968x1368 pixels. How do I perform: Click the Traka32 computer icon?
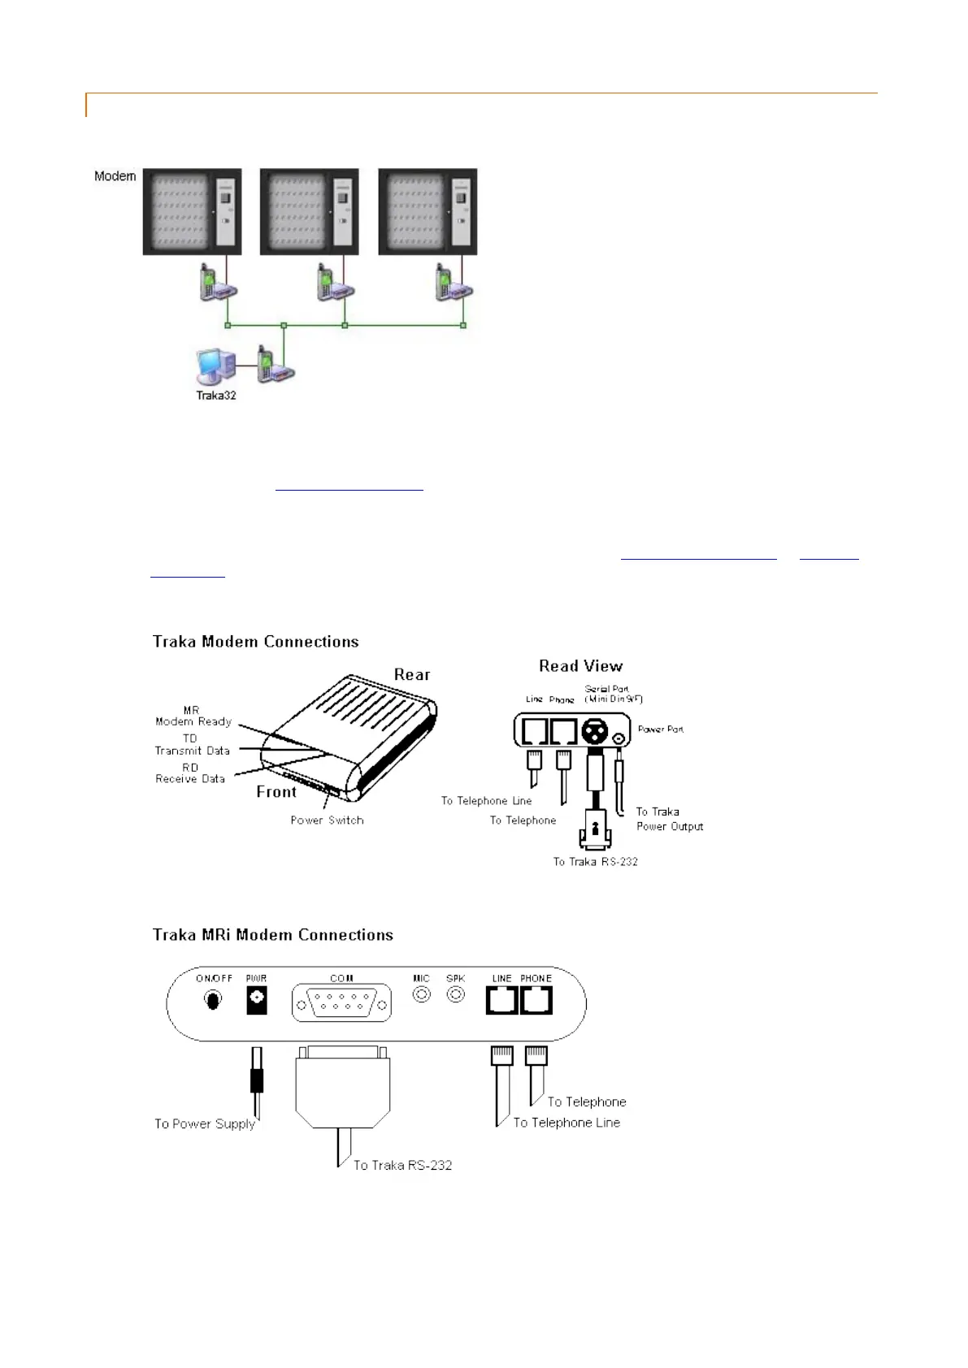point(215,367)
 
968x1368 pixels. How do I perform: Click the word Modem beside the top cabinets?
point(115,176)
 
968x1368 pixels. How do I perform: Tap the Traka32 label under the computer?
point(216,396)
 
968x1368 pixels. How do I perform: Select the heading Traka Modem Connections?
point(256,642)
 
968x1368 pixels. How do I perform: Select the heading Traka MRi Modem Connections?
point(273,935)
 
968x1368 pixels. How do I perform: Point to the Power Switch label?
point(327,820)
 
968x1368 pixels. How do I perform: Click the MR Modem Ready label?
point(193,716)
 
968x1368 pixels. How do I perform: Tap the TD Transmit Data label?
point(193,745)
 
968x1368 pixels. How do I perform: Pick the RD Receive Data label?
point(190,773)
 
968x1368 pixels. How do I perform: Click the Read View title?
point(580,666)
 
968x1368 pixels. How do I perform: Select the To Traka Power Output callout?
point(669,819)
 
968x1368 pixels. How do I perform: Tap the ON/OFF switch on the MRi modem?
point(213,1000)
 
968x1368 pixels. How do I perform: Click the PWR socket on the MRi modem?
point(256,1000)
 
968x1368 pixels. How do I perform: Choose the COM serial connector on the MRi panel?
point(341,1002)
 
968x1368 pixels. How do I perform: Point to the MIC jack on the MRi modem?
point(421,994)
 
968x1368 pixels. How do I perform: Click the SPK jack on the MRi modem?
point(456,994)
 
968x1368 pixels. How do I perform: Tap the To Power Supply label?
point(205,1124)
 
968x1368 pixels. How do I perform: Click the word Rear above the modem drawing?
point(412,675)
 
